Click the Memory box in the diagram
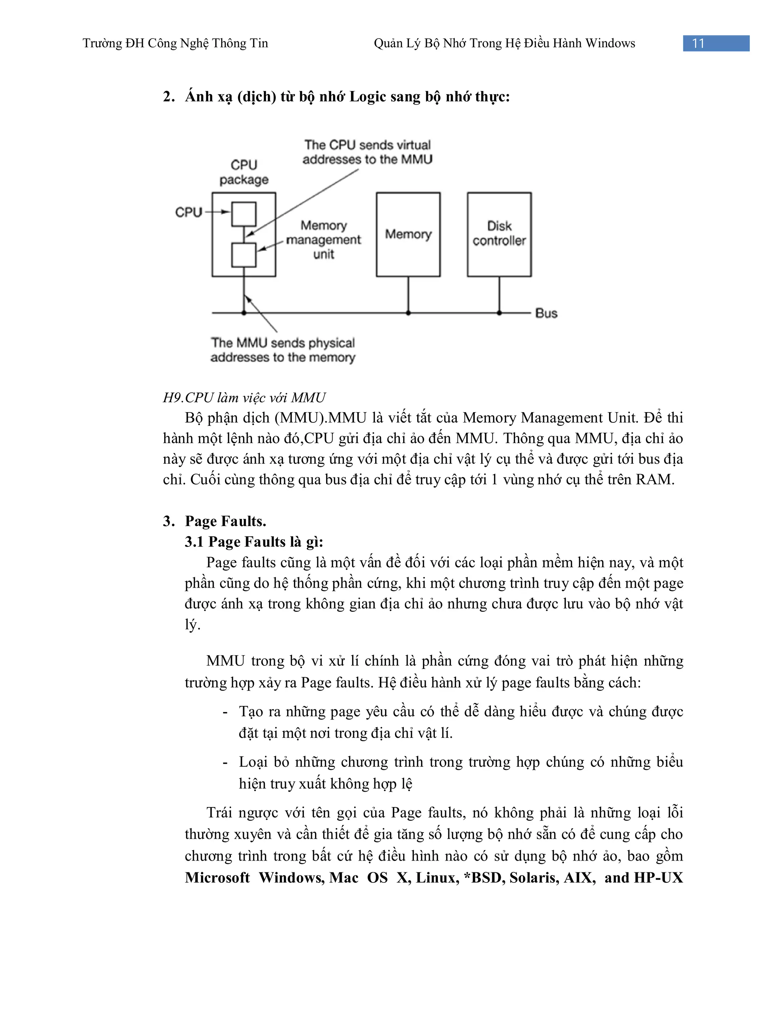[408, 235]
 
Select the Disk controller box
[499, 235]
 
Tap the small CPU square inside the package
[244, 214]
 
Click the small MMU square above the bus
[244, 255]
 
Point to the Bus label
[546, 313]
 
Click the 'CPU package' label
[244, 172]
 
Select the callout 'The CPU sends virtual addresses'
[367, 152]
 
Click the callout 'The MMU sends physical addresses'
[283, 350]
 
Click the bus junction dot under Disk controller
[499, 313]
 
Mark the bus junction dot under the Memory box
[408, 313]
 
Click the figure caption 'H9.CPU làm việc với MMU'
[244, 398]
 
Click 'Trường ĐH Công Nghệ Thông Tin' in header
[175, 43]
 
